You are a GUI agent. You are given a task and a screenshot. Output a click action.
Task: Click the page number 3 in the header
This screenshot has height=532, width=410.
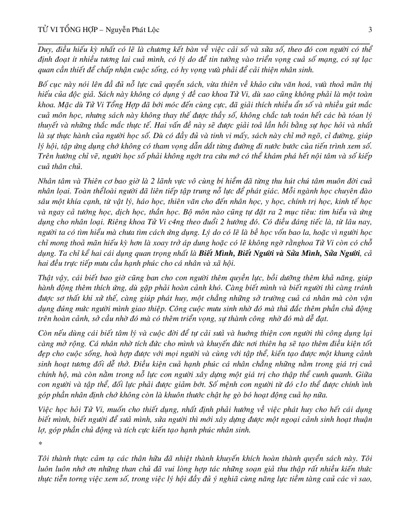(x=370, y=29)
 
